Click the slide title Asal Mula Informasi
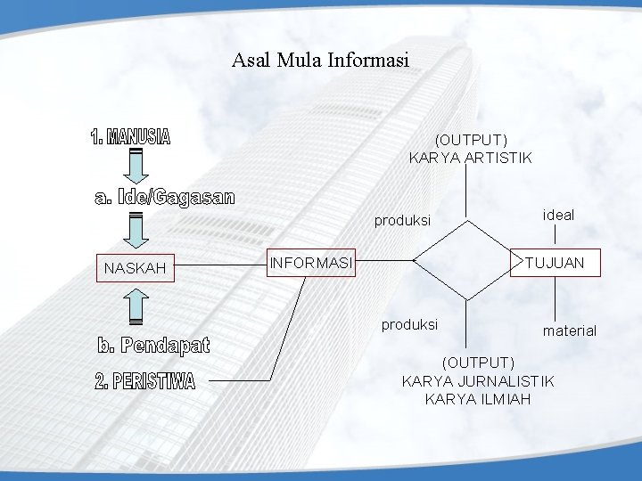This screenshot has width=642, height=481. [320, 61]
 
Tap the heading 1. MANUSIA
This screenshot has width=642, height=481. [130, 137]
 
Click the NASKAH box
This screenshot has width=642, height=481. [136, 267]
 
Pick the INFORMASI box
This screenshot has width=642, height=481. [312, 263]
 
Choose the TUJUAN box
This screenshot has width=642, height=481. [554, 263]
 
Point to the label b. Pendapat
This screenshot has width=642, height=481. [153, 345]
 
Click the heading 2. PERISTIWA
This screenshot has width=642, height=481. [144, 381]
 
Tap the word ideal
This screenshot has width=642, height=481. [558, 215]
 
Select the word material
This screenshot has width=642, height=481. [570, 330]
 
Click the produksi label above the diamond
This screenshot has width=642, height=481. [402, 220]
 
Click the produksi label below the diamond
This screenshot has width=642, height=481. [409, 324]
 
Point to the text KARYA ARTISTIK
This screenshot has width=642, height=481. [470, 158]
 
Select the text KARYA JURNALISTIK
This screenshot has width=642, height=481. [478, 381]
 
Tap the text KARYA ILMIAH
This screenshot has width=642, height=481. [478, 398]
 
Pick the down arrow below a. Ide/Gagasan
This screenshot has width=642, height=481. [136, 229]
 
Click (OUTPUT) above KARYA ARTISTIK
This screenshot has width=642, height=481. [471, 140]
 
